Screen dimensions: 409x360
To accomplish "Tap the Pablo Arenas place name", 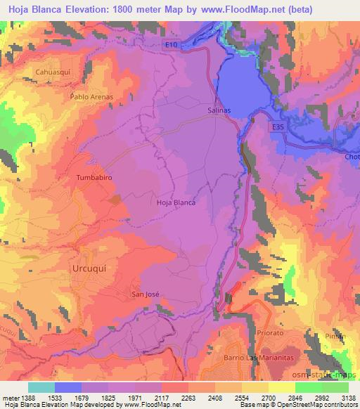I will (x=91, y=96).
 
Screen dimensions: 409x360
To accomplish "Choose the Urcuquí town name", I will (x=91, y=269).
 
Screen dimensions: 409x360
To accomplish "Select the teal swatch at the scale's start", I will (x=41, y=387).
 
